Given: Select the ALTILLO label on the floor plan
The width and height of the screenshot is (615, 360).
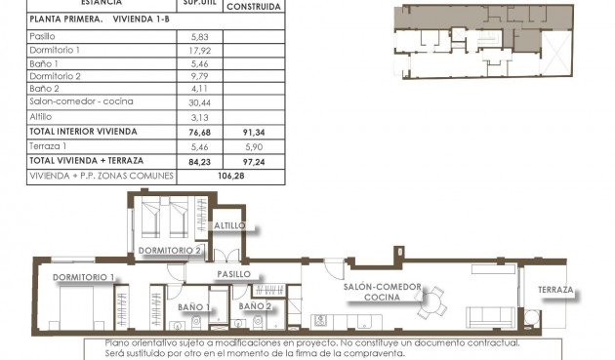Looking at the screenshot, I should pyautogui.click(x=232, y=225).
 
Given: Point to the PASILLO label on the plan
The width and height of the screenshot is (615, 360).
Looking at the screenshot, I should pyautogui.click(x=235, y=274).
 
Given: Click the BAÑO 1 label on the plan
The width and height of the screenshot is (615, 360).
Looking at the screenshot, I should pyautogui.click(x=195, y=307).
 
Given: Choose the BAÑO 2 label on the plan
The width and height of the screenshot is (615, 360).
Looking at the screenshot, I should pyautogui.click(x=255, y=306).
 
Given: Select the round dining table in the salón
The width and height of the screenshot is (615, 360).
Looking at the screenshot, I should pyautogui.click(x=430, y=304).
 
